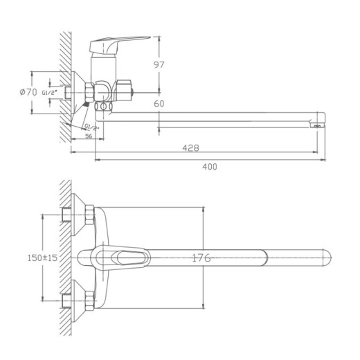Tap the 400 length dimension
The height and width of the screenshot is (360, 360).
210,166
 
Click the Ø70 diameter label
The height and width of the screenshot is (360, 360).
28,91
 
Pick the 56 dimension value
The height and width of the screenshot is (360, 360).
89,136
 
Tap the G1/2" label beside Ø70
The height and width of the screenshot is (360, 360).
48,91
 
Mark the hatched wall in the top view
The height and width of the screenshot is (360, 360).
63,256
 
